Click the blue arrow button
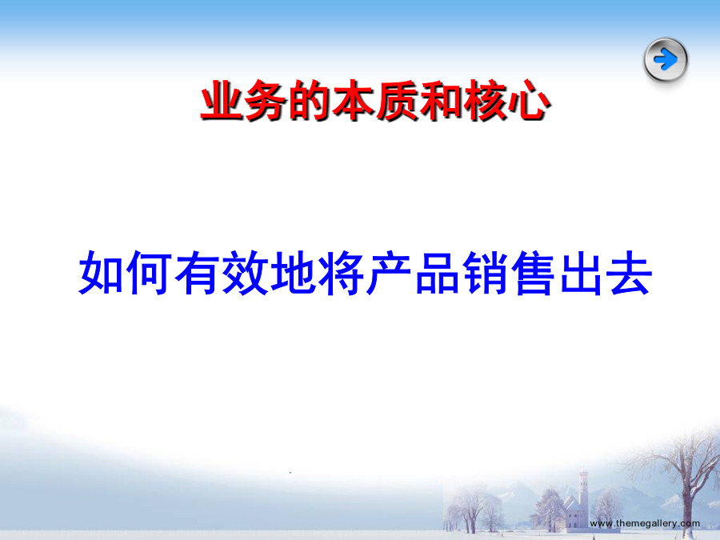(x=666, y=60)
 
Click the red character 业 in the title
(x=222, y=100)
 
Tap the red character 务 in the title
(x=266, y=100)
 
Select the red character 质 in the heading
(x=398, y=100)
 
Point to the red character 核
(x=486, y=100)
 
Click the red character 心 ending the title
(x=529, y=100)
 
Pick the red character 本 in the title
(x=354, y=100)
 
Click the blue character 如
(x=101, y=273)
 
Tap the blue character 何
(x=149, y=273)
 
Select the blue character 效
(x=245, y=273)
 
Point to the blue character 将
(x=341, y=273)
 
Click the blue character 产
(x=389, y=273)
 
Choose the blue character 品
(x=437, y=273)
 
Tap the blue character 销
(x=485, y=273)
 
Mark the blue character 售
(x=533, y=273)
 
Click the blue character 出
(x=582, y=273)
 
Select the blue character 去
(x=629, y=273)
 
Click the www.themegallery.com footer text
(x=645, y=523)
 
